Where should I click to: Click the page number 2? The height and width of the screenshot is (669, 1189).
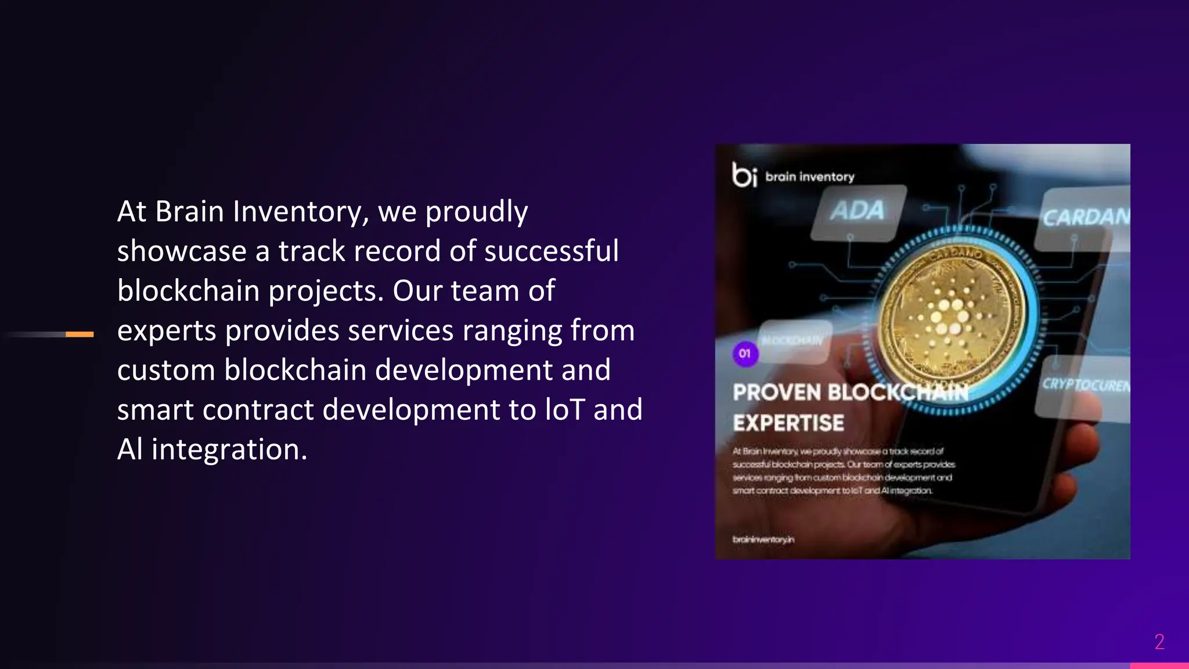pos(1159,642)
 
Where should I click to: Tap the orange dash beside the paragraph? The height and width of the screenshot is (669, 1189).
pos(80,334)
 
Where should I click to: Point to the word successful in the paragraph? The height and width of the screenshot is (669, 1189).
pos(551,251)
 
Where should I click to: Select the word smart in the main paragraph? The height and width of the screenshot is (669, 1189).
pos(155,409)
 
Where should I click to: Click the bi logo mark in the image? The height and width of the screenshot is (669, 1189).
pos(744,174)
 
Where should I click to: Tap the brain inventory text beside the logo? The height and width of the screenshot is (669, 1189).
pos(809,177)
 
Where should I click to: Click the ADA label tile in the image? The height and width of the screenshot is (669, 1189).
pos(857,211)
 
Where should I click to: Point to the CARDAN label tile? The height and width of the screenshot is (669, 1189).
pos(1084,218)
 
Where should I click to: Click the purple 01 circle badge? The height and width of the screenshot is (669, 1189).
pos(745,353)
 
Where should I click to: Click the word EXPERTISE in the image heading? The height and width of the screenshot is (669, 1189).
pos(788,423)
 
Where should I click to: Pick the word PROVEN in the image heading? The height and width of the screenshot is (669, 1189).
pos(776,393)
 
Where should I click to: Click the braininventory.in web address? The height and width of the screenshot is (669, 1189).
pos(763,539)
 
